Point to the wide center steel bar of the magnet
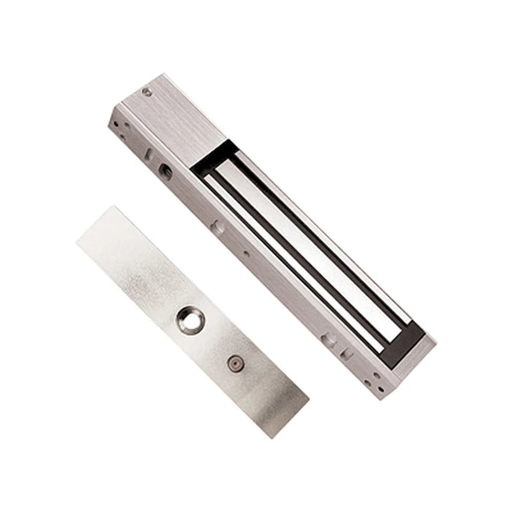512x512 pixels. [307, 241]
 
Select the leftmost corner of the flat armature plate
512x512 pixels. [77, 243]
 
